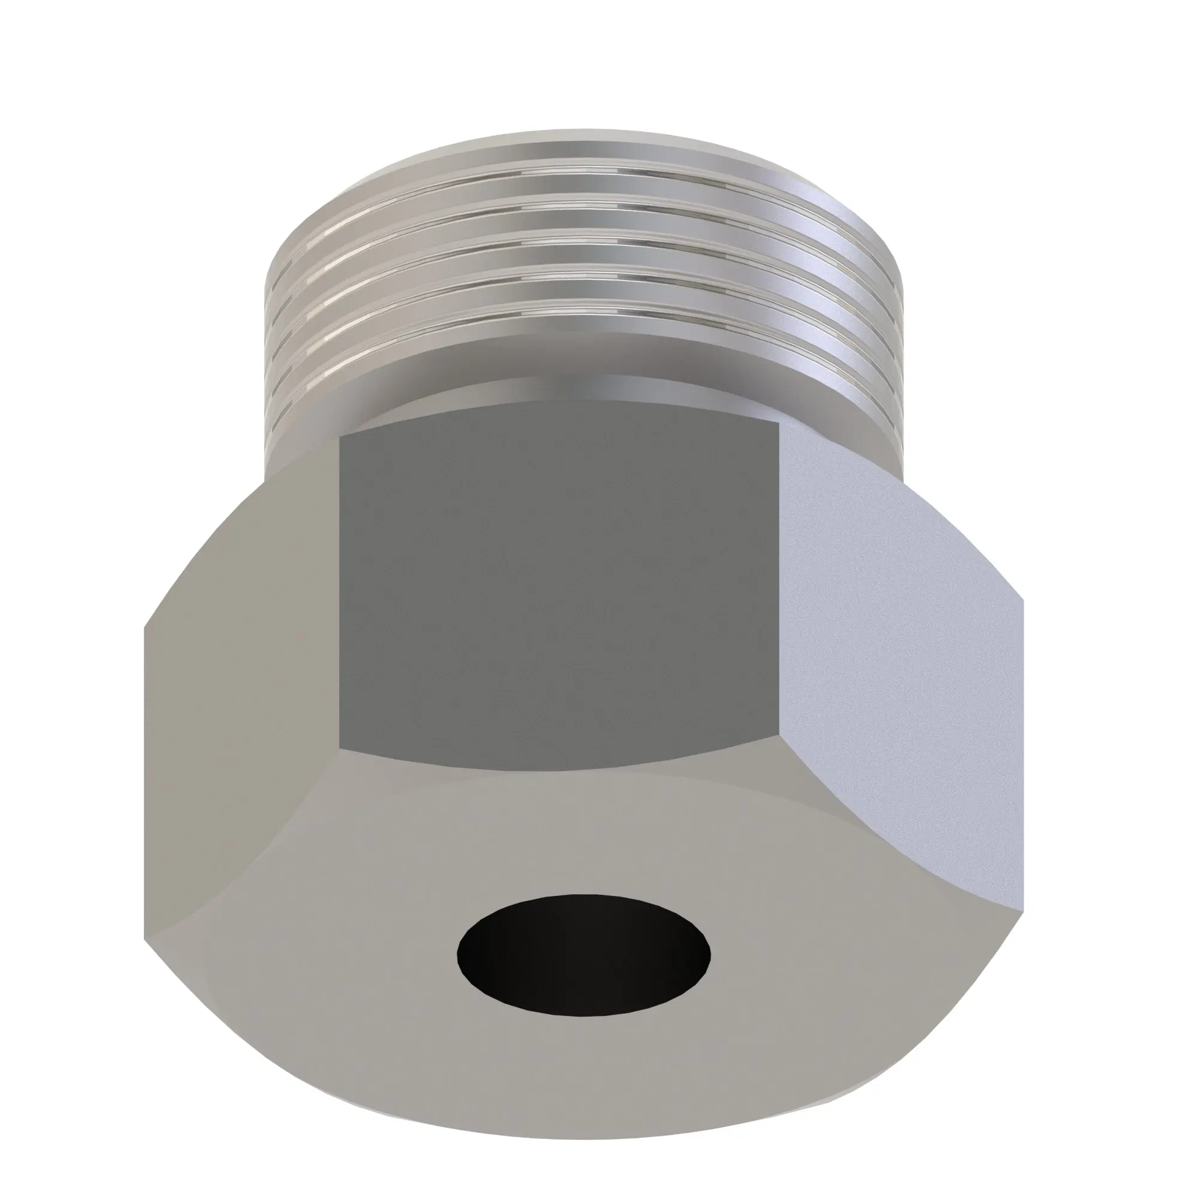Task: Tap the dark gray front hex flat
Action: [x=558, y=595]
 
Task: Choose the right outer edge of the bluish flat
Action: [x=1022, y=744]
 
